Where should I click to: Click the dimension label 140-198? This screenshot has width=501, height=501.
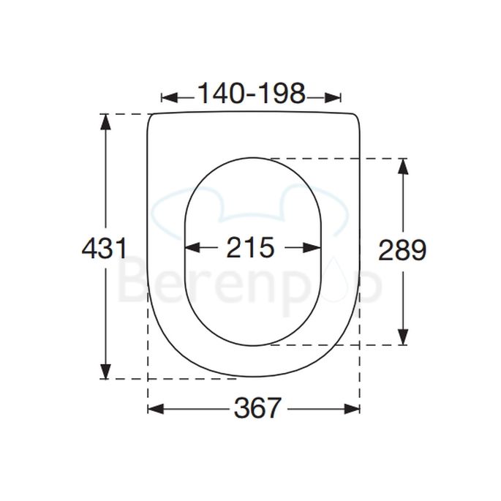click(x=252, y=94)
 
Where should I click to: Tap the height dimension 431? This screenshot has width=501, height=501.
click(x=105, y=248)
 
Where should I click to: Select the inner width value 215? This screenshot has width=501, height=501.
click(x=250, y=247)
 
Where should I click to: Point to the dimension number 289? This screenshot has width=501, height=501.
click(x=402, y=250)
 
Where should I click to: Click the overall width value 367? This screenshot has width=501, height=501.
click(x=257, y=408)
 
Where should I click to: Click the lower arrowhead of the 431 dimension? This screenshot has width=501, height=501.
click(x=106, y=372)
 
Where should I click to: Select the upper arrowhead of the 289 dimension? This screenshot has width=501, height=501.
click(x=404, y=166)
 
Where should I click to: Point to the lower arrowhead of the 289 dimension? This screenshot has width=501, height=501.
click(x=404, y=337)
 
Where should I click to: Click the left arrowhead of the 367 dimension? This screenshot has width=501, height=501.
click(x=156, y=409)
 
